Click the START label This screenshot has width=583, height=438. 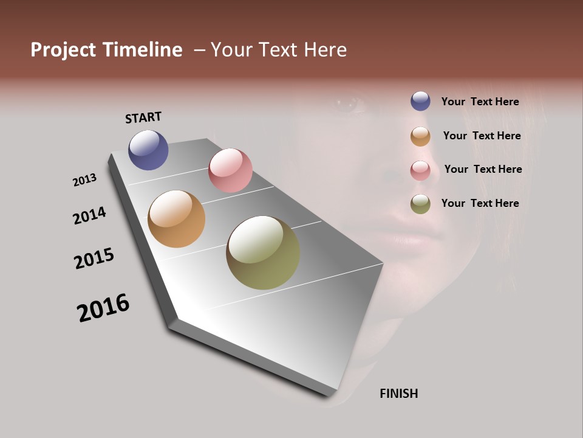click(143, 117)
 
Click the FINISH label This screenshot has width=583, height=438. click(399, 394)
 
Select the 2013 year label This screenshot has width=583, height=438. click(84, 180)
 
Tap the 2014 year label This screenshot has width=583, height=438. click(90, 215)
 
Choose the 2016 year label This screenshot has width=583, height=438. click(103, 308)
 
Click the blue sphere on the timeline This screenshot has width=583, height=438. click(148, 150)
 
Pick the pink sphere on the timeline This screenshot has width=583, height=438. click(230, 170)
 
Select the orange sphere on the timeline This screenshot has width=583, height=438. click(176, 219)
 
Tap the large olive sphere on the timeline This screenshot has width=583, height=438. click(263, 252)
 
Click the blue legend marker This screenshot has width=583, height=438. click(420, 101)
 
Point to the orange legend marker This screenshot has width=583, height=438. click(420, 136)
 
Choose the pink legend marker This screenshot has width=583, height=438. click(420, 170)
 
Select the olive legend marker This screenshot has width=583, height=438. click(420, 204)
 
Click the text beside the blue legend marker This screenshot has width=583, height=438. click(480, 102)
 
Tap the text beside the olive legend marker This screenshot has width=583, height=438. click(480, 203)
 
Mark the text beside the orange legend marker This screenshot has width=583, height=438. click(482, 136)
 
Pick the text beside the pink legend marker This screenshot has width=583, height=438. click(483, 169)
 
